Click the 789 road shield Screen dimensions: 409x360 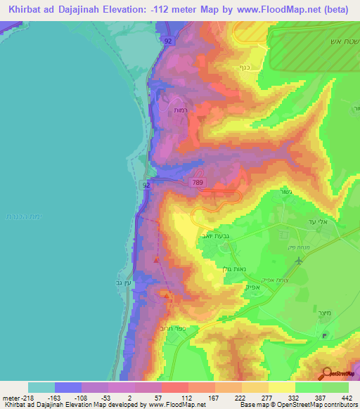tap(198, 182)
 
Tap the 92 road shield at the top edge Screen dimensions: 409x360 tap(167, 41)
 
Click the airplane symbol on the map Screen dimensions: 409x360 tap(300, 261)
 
